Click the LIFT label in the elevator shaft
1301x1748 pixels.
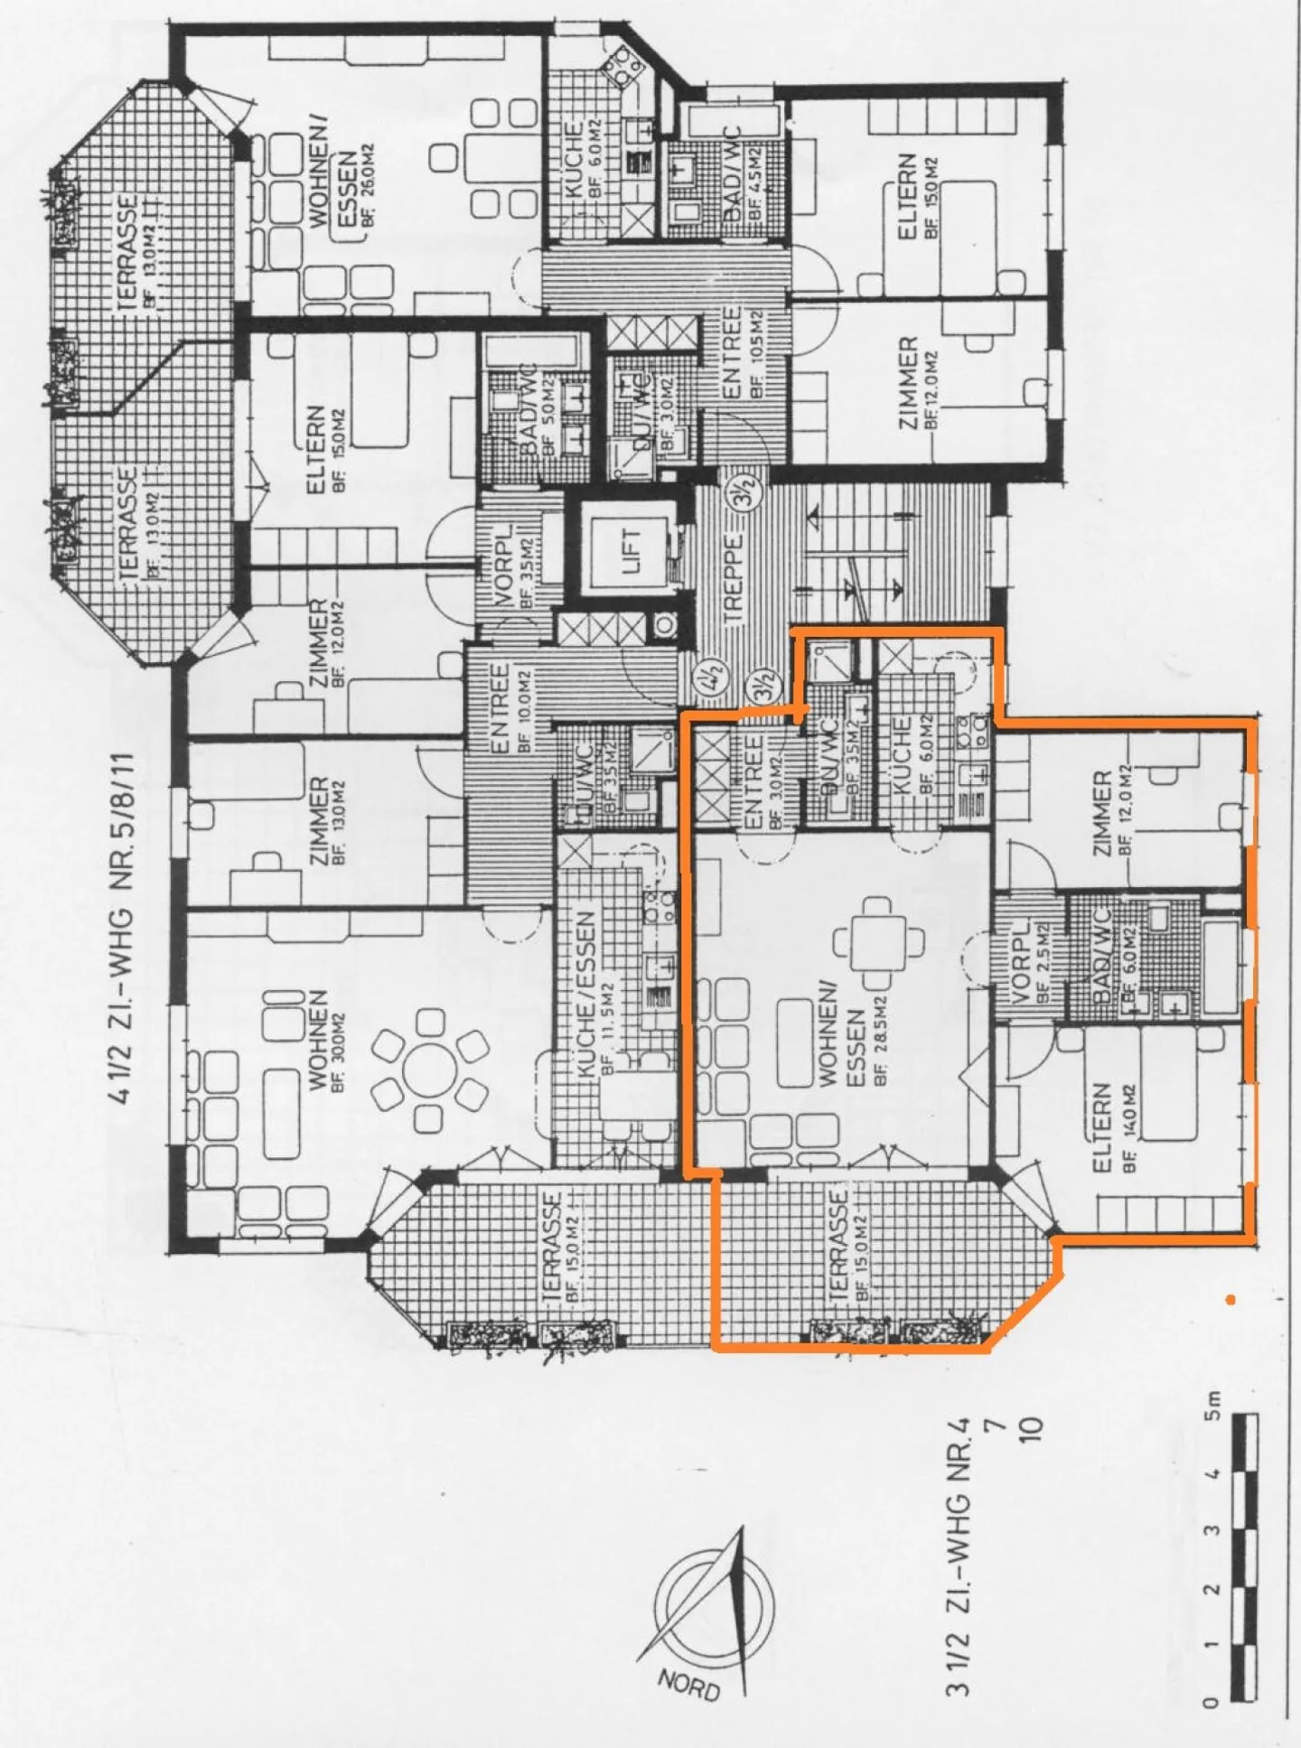[631, 549]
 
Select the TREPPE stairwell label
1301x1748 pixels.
[732, 579]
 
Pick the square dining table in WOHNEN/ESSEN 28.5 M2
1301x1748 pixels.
[878, 943]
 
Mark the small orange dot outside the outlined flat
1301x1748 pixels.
[1230, 1300]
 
